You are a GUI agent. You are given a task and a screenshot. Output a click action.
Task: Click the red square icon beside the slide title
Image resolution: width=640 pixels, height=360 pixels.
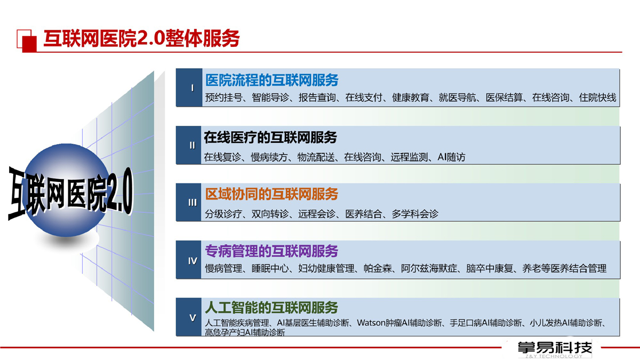pos(27,41)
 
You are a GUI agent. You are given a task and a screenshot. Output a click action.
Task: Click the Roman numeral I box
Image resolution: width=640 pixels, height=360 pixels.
pos(189,87)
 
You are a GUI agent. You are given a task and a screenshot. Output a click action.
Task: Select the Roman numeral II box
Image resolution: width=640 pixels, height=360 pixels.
pos(189,145)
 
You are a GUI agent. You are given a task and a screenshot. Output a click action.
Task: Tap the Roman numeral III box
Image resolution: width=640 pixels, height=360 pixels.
pos(189,202)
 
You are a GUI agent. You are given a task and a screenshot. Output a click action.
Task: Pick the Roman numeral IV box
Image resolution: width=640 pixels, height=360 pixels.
pos(189,260)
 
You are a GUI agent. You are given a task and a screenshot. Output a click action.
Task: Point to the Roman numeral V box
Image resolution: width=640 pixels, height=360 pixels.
pos(189,317)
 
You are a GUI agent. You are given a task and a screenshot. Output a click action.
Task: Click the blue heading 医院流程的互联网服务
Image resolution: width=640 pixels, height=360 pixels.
pos(271,80)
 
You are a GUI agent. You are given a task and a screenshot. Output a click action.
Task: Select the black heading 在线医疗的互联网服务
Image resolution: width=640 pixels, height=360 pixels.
pos(270,138)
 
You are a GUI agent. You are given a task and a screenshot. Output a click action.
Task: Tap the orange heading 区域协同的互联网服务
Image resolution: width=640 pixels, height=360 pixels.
pos(271,194)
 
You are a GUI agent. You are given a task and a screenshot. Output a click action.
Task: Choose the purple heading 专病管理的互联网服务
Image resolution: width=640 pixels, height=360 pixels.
pos(271,251)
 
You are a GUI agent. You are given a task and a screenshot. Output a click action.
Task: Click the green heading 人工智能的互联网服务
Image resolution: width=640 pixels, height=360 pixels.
pos(271,308)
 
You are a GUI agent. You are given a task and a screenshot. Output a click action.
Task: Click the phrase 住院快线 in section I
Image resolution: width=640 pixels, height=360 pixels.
pos(597,98)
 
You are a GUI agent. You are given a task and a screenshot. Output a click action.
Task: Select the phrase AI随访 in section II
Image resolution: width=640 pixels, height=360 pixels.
pos(451,157)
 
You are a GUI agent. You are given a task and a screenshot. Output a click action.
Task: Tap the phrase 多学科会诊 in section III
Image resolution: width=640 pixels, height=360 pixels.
pos(415,214)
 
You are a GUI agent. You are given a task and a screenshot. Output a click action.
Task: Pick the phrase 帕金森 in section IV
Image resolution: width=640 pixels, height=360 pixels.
pos(378,269)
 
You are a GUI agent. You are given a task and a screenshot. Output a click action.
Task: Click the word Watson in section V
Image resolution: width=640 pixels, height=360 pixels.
pos(371,323)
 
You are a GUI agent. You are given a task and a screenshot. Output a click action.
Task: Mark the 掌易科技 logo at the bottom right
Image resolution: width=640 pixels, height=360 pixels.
pos(555,349)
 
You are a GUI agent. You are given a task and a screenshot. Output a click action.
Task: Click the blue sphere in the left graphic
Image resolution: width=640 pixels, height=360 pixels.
pos(66,190)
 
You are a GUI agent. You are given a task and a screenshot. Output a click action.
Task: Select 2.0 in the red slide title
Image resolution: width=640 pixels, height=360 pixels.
pos(151,38)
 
